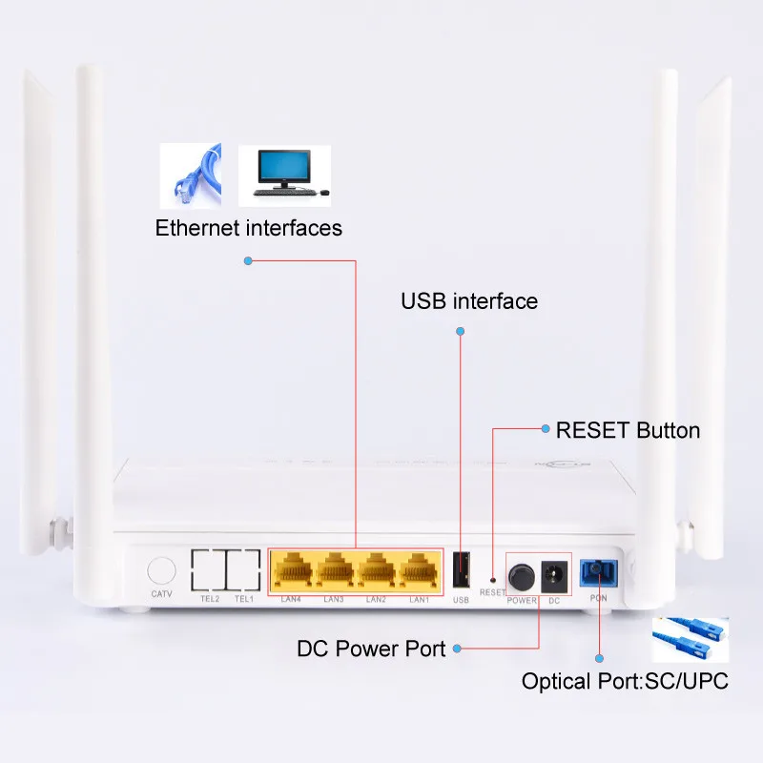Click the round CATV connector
tap(161, 570)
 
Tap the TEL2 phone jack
tap(208, 569)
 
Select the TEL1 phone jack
tap(243, 569)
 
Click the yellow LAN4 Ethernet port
tap(292, 570)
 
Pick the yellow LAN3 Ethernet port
tap(335, 570)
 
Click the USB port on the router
tap(462, 570)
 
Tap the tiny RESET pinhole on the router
tap(492, 578)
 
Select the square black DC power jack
tap(552, 575)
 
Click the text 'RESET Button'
tap(628, 430)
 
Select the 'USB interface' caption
tap(469, 301)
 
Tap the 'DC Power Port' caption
tap(371, 650)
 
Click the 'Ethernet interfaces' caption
tap(249, 228)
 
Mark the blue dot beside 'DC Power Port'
tap(457, 650)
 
